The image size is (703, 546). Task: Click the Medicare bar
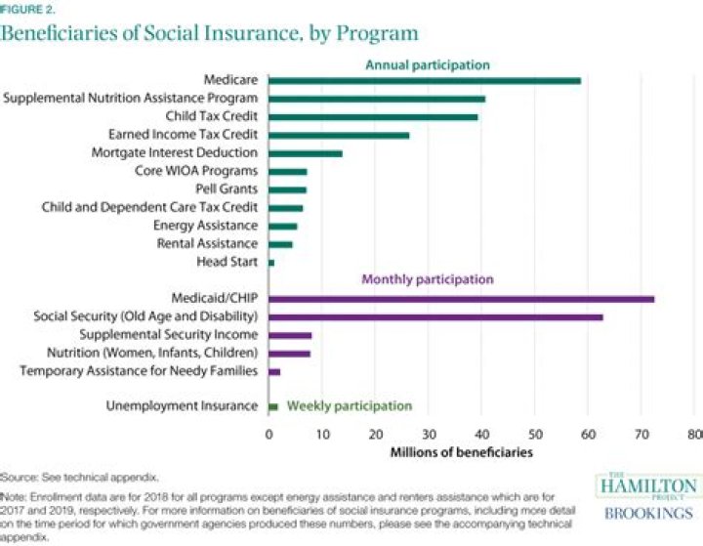[x=424, y=80]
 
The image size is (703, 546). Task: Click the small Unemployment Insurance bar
[x=273, y=406]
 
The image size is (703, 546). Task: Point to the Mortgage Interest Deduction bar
[x=305, y=153]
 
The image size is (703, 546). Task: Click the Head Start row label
[x=232, y=262]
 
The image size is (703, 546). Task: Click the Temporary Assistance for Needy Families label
[x=139, y=371]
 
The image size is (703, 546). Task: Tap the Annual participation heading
[x=428, y=64]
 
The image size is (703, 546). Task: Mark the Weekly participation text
[x=350, y=406]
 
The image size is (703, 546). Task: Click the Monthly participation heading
[x=428, y=279]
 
